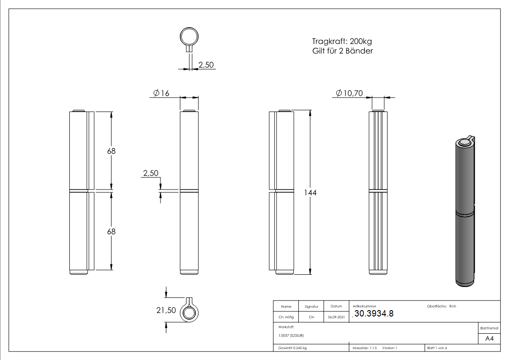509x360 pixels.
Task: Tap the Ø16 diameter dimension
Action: (x=161, y=93)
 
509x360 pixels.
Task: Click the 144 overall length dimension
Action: (x=310, y=193)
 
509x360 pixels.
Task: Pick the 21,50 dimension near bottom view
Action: (x=165, y=310)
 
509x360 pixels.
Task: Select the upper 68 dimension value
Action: (x=111, y=151)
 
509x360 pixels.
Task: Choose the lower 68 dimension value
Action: (x=111, y=231)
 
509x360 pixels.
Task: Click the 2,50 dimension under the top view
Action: (x=206, y=65)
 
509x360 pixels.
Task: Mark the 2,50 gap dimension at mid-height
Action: (x=150, y=173)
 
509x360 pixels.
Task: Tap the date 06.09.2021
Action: (x=336, y=317)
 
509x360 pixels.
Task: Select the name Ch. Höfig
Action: (x=286, y=317)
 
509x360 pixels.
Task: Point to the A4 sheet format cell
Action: (x=489, y=339)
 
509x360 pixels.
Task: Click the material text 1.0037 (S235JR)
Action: (x=291, y=336)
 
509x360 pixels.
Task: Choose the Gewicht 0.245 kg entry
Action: (x=292, y=348)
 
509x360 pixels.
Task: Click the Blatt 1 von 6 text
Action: (x=437, y=348)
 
